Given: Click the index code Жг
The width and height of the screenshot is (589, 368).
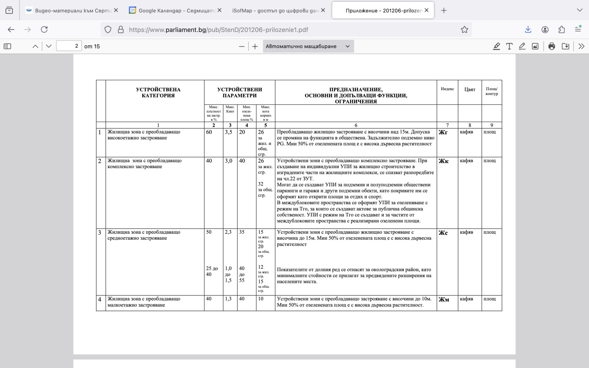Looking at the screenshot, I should (443, 132).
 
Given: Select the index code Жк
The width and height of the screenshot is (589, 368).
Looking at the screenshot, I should (443, 161).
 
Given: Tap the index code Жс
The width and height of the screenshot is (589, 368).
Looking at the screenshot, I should (443, 233).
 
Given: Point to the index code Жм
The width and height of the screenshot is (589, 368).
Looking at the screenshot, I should (444, 299).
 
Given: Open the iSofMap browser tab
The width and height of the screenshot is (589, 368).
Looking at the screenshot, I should (275, 10).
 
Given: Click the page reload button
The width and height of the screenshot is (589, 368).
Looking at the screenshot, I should (44, 29).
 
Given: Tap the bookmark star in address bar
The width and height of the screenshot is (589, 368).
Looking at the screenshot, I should (464, 29).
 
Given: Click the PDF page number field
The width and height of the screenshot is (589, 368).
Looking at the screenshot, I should (69, 46).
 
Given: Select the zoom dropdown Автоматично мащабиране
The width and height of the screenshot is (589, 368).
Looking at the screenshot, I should (308, 46).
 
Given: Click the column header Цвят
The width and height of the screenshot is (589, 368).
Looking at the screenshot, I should (469, 89).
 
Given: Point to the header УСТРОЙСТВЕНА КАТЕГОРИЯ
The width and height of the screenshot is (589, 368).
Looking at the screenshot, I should (158, 92).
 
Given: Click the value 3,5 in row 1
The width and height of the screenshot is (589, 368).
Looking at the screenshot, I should (228, 132).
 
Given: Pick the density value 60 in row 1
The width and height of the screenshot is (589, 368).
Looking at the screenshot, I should (209, 132).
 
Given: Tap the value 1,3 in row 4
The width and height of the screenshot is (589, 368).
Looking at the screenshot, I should (228, 299).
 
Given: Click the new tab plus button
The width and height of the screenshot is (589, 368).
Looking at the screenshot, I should (444, 10).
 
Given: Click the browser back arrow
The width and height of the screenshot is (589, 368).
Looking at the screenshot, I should (11, 29).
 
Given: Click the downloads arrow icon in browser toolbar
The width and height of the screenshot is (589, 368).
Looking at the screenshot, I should (528, 29).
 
